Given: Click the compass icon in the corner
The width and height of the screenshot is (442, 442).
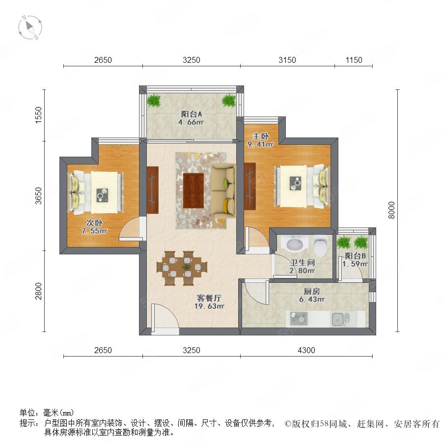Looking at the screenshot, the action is pos(30,28).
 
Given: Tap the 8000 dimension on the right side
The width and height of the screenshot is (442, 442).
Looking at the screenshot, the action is pos(391,210).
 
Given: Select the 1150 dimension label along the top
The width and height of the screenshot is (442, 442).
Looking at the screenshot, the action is pos(354,60).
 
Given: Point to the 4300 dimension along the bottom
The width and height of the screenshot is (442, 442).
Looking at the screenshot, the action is pos(306,350).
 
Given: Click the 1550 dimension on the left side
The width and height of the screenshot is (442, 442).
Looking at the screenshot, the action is pos(38,115).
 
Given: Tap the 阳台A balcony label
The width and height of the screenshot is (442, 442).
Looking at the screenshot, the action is pos(192,114).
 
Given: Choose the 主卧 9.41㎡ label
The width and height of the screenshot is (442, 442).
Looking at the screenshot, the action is pos(260,140).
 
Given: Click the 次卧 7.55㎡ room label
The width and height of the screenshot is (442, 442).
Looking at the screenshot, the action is pos(94,227).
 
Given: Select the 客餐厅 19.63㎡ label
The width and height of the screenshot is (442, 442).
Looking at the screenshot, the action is pos(209,302).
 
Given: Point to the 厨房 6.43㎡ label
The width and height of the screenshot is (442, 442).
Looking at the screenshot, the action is pos(312,295).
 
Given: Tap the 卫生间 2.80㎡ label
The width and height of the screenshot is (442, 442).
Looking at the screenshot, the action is pos(302,267).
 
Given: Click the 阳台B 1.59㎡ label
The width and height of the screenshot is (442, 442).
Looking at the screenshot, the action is pos(355,260).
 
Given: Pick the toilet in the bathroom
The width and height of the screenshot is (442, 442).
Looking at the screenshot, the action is pos(321,246).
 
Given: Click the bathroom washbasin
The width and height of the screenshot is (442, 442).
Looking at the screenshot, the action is pos(295,244).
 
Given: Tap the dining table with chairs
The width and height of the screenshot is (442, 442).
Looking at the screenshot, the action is pos(182,268).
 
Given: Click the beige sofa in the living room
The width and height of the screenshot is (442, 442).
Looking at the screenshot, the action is pos(223,192).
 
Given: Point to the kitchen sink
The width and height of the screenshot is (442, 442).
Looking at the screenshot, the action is pos(340,319).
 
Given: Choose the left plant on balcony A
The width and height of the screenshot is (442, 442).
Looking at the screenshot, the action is pos(154,100).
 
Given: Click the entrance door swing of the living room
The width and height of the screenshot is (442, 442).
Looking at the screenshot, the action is pos(165,317).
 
